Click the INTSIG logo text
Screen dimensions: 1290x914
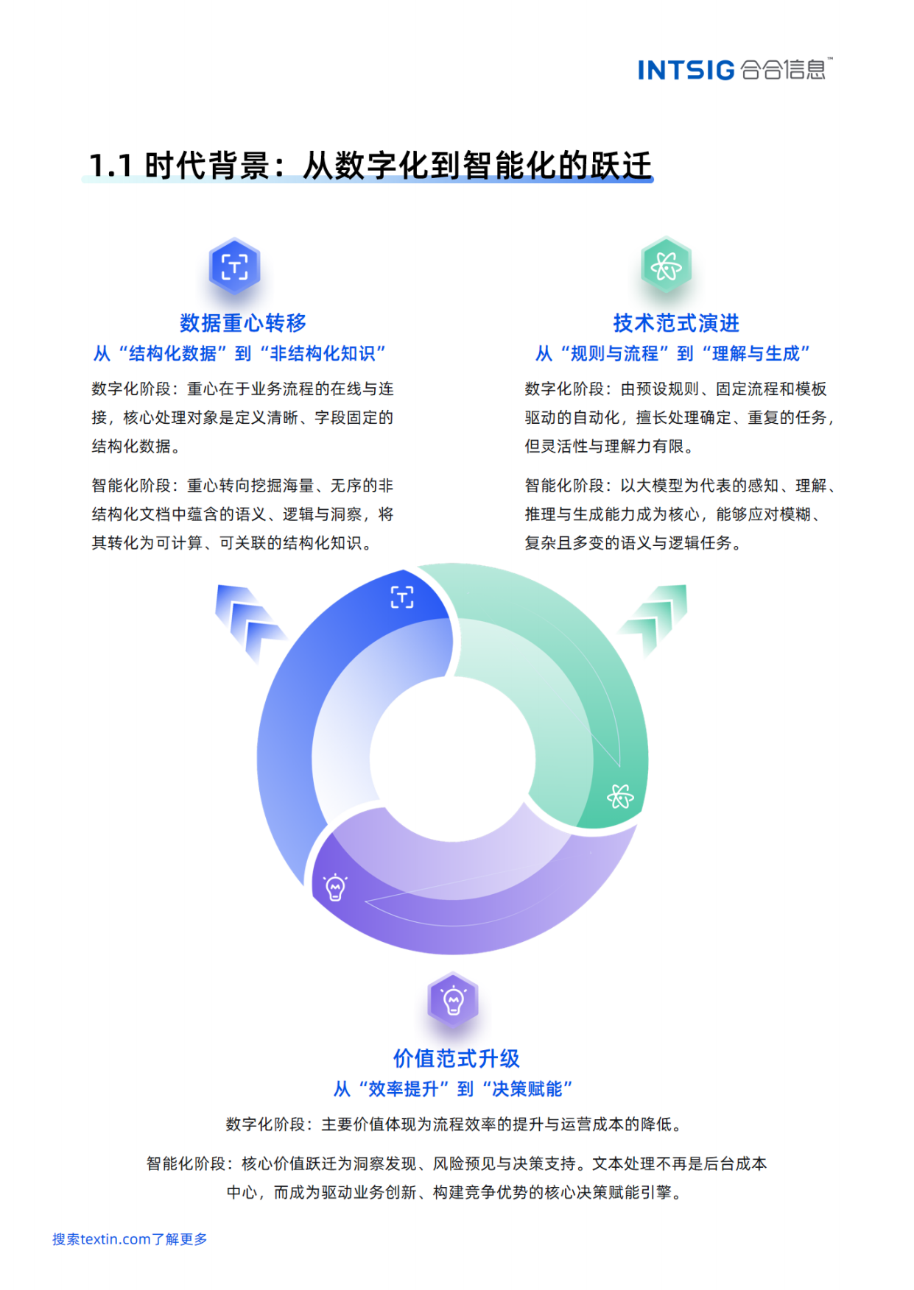(686, 70)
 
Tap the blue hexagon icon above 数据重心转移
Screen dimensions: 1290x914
(234, 266)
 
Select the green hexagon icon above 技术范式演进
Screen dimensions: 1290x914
(666, 266)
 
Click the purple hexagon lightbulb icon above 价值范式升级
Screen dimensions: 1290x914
(453, 1000)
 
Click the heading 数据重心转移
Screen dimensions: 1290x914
(243, 323)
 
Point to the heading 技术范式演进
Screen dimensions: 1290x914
(676, 323)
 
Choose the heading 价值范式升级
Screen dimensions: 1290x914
(457, 1058)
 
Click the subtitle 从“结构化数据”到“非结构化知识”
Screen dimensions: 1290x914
(239, 354)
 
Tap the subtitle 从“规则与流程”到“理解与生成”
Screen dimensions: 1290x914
(672, 354)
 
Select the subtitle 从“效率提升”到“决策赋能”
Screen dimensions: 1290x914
(453, 1089)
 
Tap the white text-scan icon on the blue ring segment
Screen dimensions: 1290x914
(402, 597)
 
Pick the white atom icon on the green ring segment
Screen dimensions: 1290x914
(620, 796)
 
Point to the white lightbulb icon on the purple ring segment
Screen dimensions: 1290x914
(335, 887)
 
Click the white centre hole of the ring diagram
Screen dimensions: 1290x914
(452, 758)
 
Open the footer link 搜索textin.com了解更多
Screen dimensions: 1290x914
(130, 1239)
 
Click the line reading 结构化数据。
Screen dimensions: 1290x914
(136, 447)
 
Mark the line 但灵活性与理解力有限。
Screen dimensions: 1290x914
(609, 447)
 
